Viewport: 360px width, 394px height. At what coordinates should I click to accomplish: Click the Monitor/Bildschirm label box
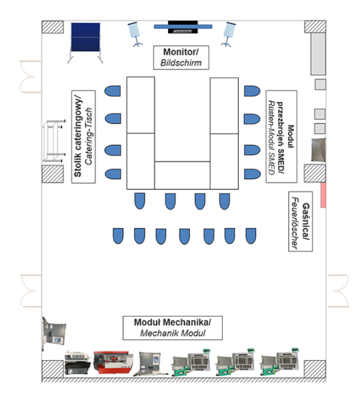click(x=181, y=57)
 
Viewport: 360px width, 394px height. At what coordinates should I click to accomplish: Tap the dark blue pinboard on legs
click(x=86, y=38)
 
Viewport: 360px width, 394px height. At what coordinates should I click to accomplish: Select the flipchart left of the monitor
click(x=135, y=34)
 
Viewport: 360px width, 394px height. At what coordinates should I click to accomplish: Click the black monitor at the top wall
click(x=183, y=27)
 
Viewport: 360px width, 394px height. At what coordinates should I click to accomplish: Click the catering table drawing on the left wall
click(x=54, y=141)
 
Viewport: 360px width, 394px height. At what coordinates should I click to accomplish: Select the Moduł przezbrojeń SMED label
click(x=281, y=136)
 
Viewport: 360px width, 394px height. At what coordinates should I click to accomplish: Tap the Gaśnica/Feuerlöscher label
click(x=301, y=221)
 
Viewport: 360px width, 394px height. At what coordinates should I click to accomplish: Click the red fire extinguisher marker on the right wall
click(x=323, y=195)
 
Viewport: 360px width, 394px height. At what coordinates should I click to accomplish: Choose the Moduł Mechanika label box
click(x=172, y=328)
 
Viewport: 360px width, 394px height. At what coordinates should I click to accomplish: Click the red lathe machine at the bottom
click(x=113, y=362)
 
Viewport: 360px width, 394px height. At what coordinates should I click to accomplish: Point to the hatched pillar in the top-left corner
click(x=52, y=27)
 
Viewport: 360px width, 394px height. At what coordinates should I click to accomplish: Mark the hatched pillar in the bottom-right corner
click(x=315, y=369)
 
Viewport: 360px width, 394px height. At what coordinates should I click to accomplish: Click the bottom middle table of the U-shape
click(x=183, y=175)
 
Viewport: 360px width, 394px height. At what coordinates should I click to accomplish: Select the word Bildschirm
click(x=181, y=63)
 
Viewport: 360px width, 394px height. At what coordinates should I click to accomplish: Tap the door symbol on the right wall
click(x=338, y=291)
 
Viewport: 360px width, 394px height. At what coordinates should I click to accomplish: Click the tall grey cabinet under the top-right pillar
click(x=319, y=54)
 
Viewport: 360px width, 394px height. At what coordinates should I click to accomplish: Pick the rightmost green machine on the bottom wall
click(x=280, y=362)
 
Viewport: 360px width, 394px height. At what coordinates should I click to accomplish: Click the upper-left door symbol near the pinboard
click(x=30, y=77)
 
